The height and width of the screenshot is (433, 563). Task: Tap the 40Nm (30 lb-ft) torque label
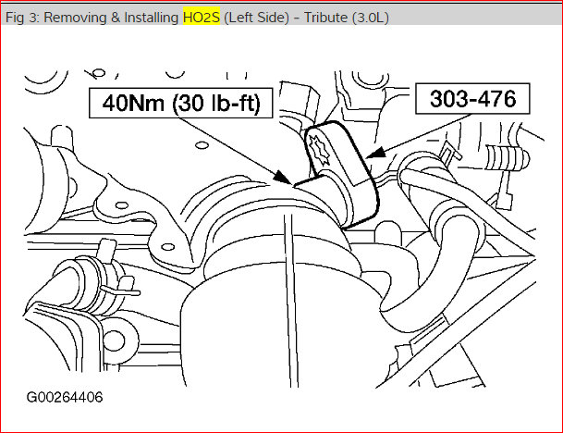coord(181,105)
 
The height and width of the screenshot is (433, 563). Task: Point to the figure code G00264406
coord(65,398)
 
